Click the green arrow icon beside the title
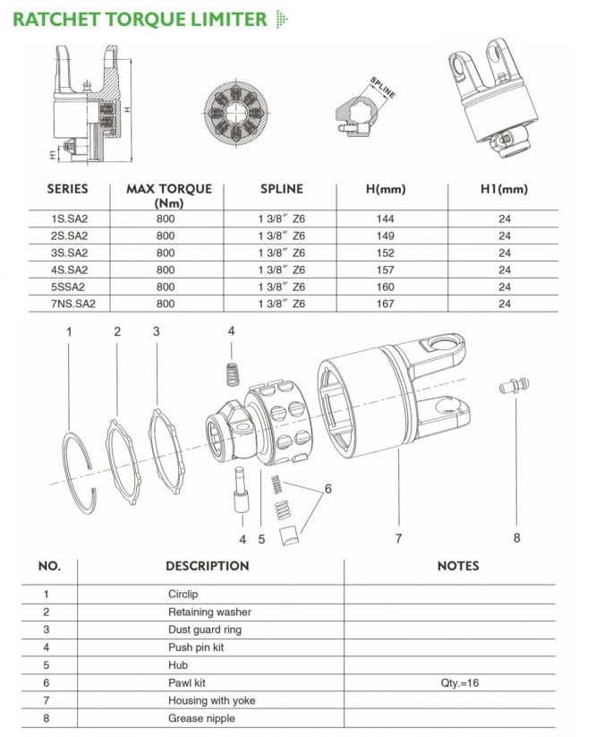coord(284,18)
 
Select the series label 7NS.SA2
coord(72,304)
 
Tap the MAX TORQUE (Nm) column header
coord(169,195)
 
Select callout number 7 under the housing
coord(398,537)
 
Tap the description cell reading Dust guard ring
coord(204,630)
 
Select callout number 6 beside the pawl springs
coord(327,489)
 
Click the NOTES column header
coord(457,566)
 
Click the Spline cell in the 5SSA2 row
coord(281,287)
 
